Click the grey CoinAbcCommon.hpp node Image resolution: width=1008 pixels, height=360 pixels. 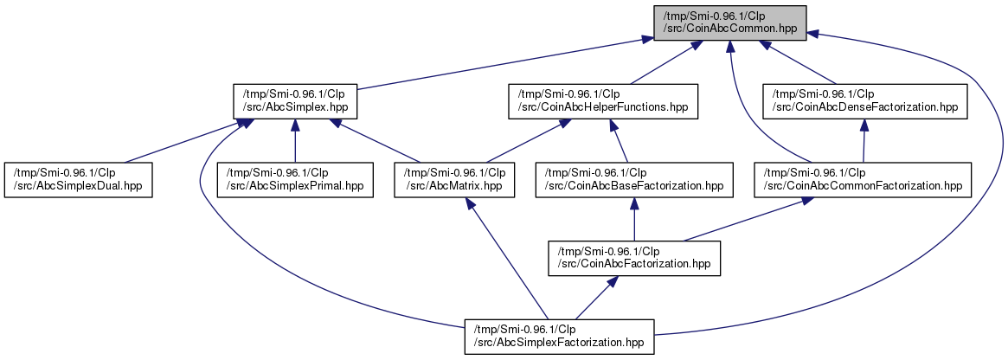(730, 22)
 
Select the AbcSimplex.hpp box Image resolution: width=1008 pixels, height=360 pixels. (295, 101)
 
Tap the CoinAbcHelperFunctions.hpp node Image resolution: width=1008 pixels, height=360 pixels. (603, 101)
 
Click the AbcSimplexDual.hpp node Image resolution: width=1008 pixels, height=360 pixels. (79, 180)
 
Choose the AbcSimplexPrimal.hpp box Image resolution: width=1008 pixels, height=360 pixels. (295, 180)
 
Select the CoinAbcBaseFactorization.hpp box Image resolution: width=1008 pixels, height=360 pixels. (634, 180)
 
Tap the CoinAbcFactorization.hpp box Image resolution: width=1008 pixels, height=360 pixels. (634, 259)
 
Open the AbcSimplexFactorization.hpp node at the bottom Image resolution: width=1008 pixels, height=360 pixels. (559, 337)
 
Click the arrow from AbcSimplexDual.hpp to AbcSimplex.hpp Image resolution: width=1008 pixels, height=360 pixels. (182, 141)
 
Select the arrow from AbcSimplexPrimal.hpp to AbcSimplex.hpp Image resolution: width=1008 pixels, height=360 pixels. (295, 141)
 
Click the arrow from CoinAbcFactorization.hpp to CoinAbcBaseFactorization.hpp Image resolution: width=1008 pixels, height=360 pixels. (634, 220)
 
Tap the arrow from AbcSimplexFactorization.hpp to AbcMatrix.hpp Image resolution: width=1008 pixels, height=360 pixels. (508, 259)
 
